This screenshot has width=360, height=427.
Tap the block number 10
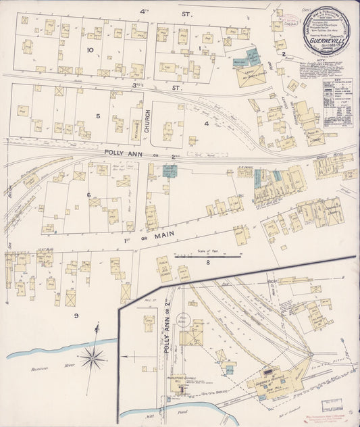(x=90, y=49)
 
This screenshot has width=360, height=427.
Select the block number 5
(x=98, y=116)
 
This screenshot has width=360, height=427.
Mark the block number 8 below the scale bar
(x=208, y=262)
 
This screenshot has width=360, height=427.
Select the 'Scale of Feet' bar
(x=208, y=256)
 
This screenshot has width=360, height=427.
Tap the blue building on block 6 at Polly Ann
(x=169, y=171)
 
